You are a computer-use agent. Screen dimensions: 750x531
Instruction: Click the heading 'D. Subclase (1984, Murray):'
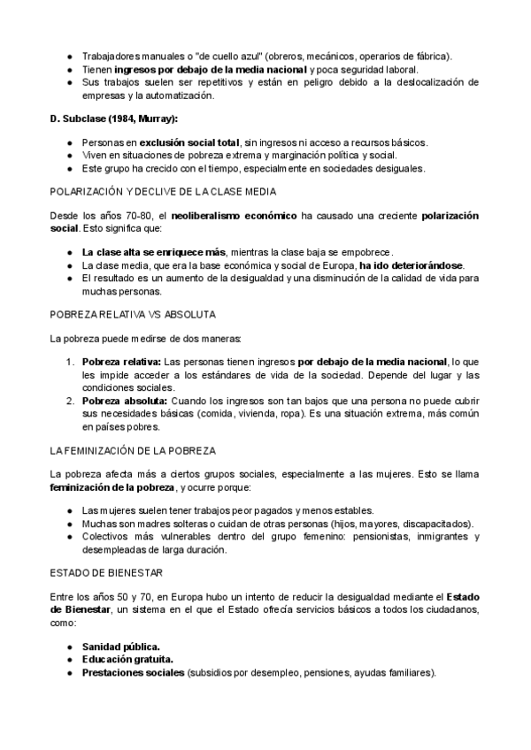point(114,119)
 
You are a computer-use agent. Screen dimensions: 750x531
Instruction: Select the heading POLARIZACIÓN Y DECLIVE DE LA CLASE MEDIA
point(163,192)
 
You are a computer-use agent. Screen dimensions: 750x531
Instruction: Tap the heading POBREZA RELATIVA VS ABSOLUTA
point(134,314)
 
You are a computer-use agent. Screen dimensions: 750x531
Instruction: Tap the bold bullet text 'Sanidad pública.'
point(121,647)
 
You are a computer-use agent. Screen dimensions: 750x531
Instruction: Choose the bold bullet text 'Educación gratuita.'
point(127,660)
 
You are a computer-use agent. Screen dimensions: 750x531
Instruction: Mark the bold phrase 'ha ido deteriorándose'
point(411,265)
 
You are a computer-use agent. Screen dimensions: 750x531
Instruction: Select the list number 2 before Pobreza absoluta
point(70,401)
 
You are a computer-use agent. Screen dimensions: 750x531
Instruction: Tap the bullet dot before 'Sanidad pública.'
point(70,647)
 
